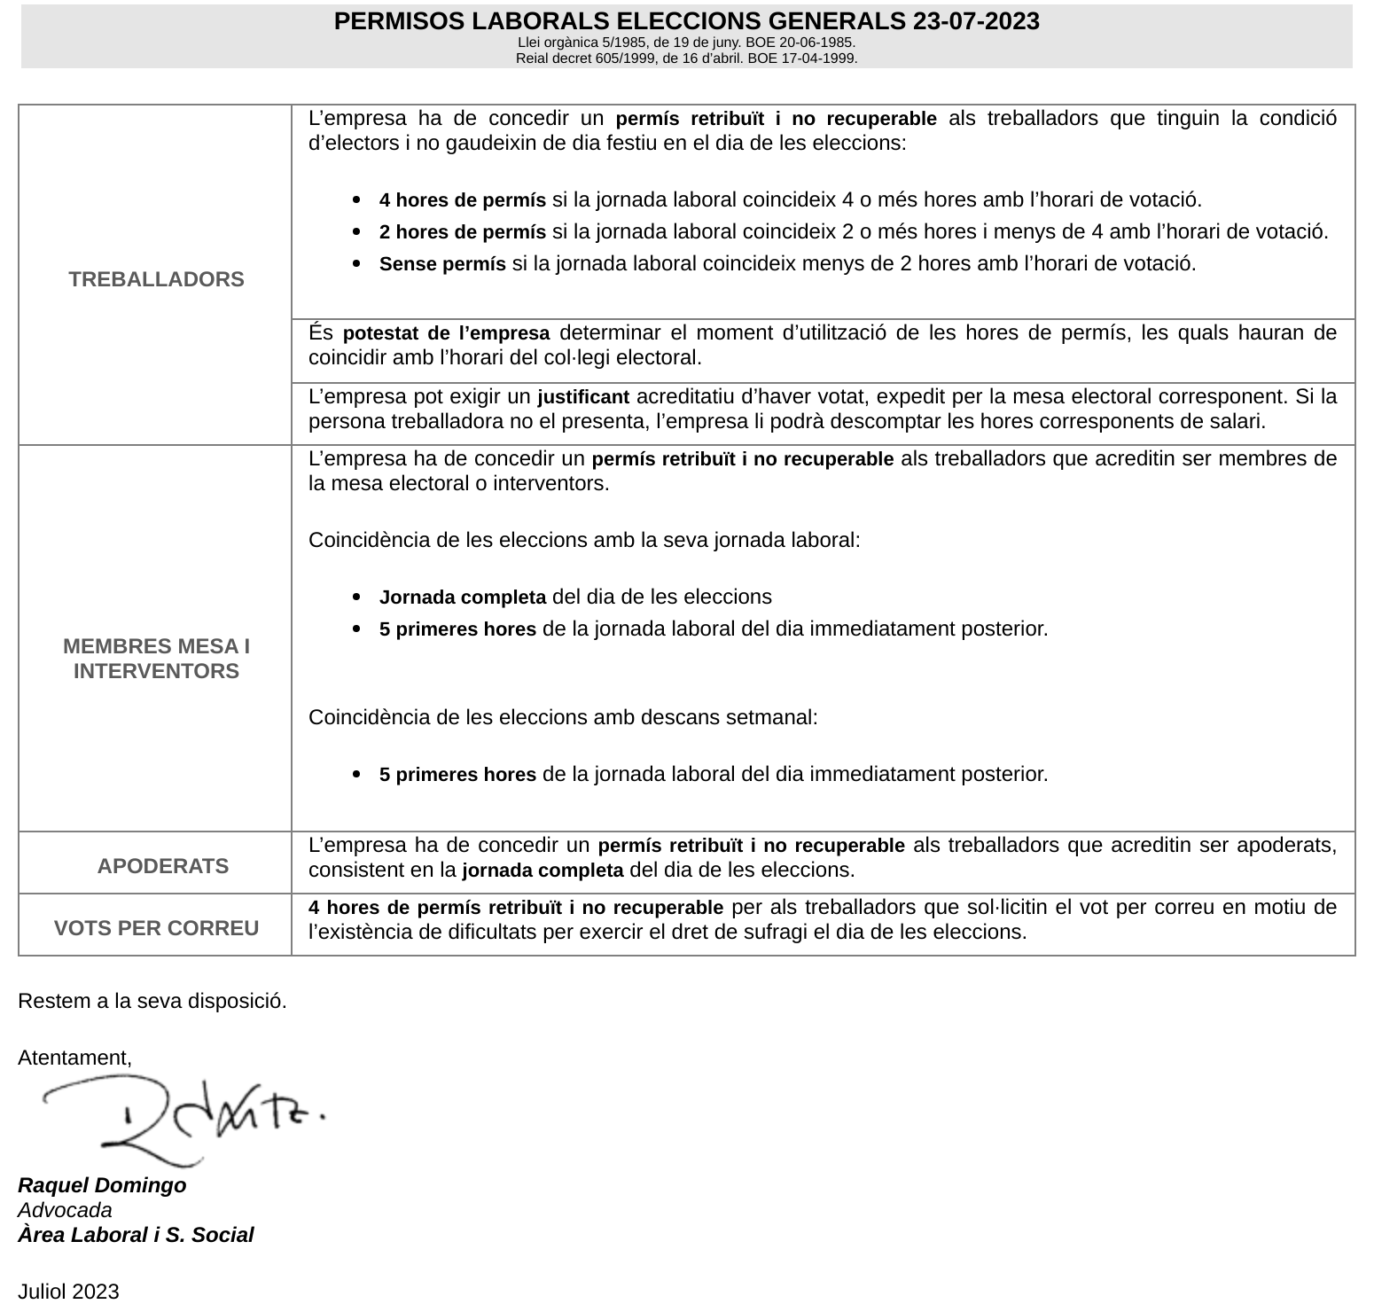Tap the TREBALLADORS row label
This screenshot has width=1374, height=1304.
pos(156,279)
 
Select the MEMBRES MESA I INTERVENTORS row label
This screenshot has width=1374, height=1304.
pos(156,659)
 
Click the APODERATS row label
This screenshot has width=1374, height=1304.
pos(163,866)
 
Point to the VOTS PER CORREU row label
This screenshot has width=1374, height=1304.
pos(156,928)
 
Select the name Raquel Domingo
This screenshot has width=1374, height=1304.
pos(102,1185)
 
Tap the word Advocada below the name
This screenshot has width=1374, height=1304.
pos(65,1210)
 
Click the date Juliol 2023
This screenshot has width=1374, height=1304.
pos(68,1292)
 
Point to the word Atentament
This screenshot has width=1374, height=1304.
pos(74,1058)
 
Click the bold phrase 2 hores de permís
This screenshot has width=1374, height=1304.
pos(462,232)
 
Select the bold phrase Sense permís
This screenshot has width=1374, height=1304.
pos(442,264)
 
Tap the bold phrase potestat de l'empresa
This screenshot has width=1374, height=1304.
pos(446,333)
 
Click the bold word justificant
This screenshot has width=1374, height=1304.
pos(583,396)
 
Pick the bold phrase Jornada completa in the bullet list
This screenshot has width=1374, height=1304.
pos(462,597)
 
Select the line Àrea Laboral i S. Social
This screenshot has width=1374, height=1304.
pos(136,1235)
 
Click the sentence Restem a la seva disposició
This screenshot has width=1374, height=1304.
pos(152,1001)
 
